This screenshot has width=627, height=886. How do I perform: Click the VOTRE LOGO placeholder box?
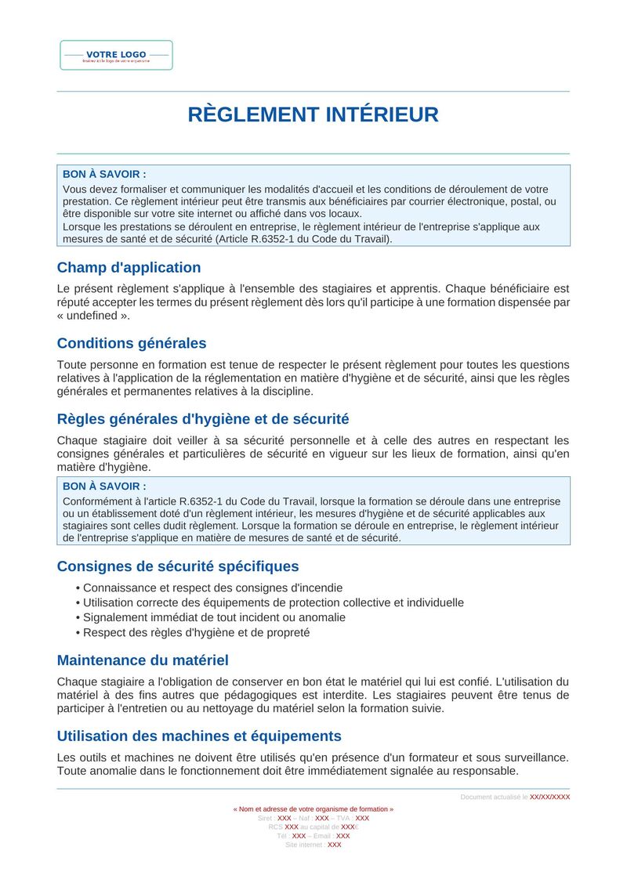coord(116,56)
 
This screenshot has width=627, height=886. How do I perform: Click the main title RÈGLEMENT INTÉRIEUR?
coord(313,115)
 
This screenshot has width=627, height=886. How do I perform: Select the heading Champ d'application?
coord(129,267)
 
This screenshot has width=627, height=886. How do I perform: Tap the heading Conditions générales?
coord(132,343)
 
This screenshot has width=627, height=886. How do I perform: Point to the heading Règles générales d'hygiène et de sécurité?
coord(202,419)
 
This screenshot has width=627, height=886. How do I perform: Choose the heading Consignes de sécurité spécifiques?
coord(177,566)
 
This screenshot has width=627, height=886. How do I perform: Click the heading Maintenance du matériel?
coord(143,660)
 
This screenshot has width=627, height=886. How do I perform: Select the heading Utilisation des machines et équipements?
coord(199,736)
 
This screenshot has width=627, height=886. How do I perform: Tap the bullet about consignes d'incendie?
coord(212,588)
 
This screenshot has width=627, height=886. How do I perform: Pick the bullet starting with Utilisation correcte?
coord(273,602)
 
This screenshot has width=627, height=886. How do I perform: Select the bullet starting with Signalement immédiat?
coord(214,617)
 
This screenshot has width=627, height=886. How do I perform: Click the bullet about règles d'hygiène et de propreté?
coord(196,632)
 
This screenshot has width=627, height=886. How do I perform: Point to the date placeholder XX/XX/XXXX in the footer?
coord(549,797)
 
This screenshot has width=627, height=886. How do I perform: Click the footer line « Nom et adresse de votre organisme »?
coord(313,808)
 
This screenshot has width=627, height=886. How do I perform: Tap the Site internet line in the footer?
coord(313,844)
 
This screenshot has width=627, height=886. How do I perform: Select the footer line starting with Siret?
coord(313,818)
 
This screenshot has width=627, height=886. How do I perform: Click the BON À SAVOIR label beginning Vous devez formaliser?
coord(104,174)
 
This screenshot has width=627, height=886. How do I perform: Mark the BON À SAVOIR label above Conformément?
coord(104,486)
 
